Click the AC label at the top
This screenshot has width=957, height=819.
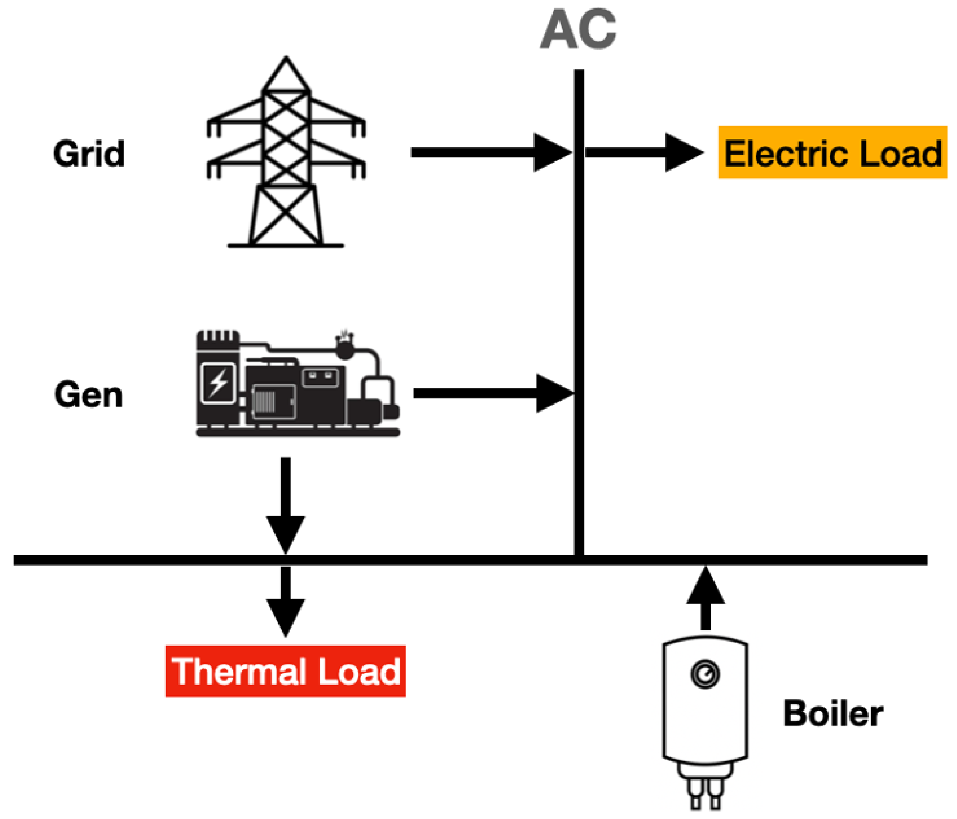[x=578, y=30]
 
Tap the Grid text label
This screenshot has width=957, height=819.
[x=89, y=153]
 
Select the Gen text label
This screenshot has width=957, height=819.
[x=89, y=395]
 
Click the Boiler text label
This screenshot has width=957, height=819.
[x=833, y=714]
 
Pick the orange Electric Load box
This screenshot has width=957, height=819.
[x=832, y=153]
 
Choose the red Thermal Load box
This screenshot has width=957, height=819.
[x=285, y=671]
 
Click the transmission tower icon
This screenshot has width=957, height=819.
[x=286, y=153]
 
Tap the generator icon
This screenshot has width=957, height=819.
[x=298, y=383]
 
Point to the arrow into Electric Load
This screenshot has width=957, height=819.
[x=644, y=153]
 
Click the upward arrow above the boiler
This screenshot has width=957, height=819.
[x=705, y=598]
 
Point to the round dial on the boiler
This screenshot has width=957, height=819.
[x=705, y=674]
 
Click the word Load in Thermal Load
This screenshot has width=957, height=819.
[x=359, y=672]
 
